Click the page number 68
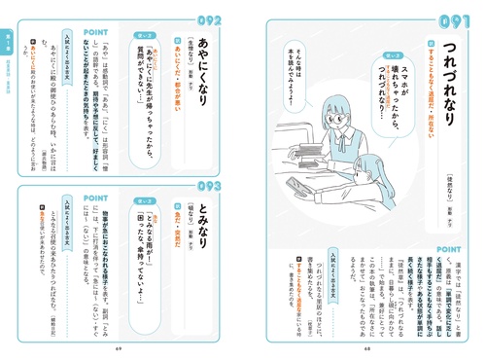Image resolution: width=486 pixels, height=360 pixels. coord(367,346)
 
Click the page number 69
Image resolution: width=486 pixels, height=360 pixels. coord(118,346)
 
